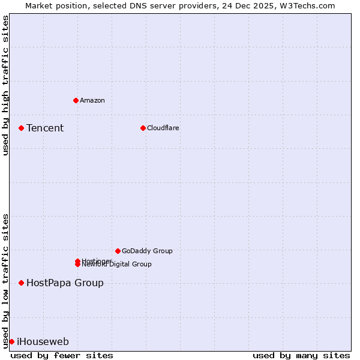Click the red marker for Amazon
pyautogui.click(x=76, y=100)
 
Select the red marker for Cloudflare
pyautogui.click(x=143, y=128)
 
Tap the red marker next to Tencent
pyautogui.click(x=21, y=128)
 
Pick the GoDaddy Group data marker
pyautogui.click(x=118, y=251)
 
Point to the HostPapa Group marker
pyautogui.click(x=21, y=283)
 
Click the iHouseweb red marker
pyautogui.click(x=11, y=341)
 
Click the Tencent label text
pyautogui.click(x=45, y=128)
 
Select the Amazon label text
pyautogui.click(x=92, y=100)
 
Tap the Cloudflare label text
pyautogui.click(x=163, y=128)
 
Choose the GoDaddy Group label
pyautogui.click(x=147, y=251)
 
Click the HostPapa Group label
pyautogui.click(x=65, y=283)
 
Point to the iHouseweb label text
pyautogui.click(x=43, y=341)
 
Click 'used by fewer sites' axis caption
pyautogui.click(x=62, y=355)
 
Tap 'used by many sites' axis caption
pyautogui.click(x=301, y=355)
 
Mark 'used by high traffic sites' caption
pyautogui.click(x=5, y=85)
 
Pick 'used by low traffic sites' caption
pyautogui.click(x=5, y=281)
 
